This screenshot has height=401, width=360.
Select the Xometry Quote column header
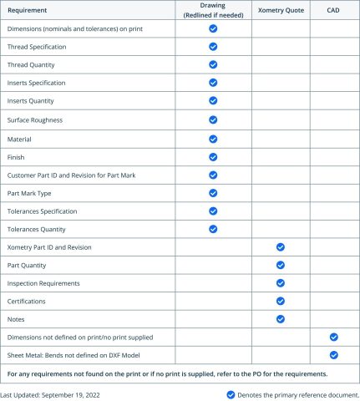(281, 10)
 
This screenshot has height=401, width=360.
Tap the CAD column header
(332, 10)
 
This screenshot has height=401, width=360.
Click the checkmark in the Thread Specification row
(213, 46)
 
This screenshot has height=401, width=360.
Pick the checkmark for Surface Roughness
(213, 119)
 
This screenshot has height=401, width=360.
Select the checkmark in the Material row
(213, 138)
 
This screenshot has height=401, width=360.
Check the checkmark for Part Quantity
(281, 265)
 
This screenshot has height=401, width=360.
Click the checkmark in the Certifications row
(281, 301)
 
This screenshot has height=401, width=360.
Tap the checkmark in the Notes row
(281, 318)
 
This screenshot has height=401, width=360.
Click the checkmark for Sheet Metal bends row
(333, 355)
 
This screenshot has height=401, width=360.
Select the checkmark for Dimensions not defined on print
(333, 337)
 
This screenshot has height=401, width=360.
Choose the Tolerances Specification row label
(42, 211)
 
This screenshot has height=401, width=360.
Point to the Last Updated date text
(50, 393)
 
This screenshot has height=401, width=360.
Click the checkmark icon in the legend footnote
(231, 393)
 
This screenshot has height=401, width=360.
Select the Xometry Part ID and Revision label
(48, 247)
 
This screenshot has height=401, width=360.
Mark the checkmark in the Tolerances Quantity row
(213, 228)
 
